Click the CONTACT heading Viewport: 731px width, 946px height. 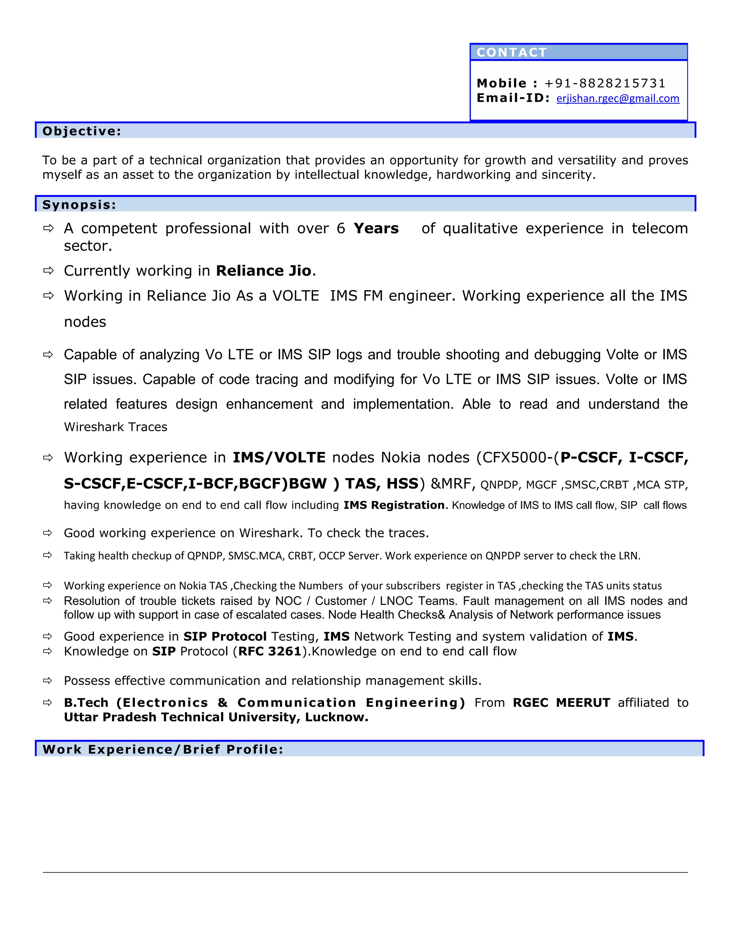[x=511, y=52]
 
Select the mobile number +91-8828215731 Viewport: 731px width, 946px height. [x=605, y=83]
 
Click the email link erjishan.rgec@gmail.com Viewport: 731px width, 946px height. [x=617, y=99]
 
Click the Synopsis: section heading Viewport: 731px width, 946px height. [x=79, y=205]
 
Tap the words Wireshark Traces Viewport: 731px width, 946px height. [x=116, y=427]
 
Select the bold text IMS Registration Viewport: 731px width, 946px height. [x=394, y=505]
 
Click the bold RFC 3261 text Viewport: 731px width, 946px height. [x=269, y=651]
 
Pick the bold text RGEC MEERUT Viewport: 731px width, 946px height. [x=561, y=703]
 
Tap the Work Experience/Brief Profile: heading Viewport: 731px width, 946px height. [x=163, y=749]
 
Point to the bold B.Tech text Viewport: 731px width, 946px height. [x=86, y=703]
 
